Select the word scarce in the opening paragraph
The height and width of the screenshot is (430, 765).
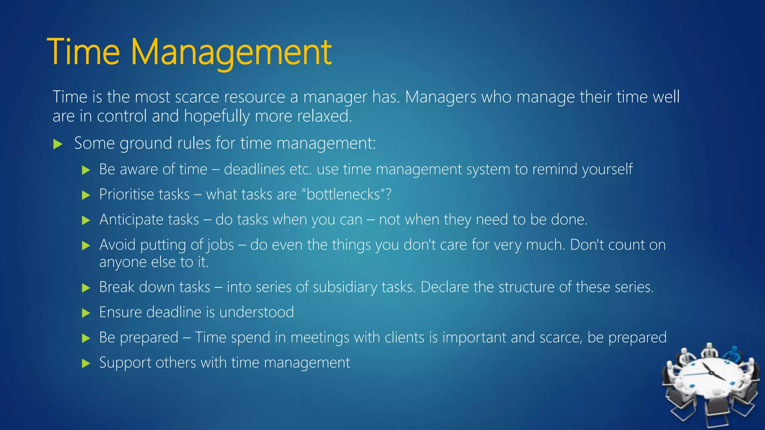click(197, 97)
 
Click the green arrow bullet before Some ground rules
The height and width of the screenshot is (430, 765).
click(58, 144)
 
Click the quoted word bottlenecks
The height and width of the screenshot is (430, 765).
click(343, 194)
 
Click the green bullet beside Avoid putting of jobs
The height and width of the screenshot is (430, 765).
click(86, 245)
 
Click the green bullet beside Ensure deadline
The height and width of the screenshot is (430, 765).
click(86, 313)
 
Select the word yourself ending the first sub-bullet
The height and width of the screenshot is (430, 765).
click(607, 169)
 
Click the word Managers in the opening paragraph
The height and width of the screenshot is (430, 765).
click(440, 97)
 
